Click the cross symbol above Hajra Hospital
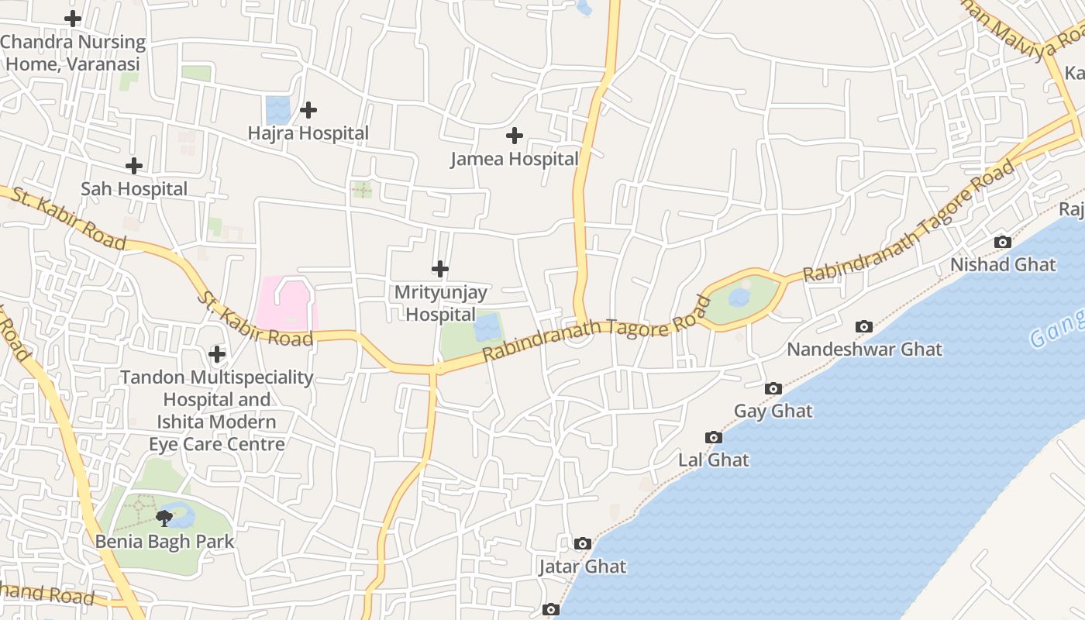click(308, 110)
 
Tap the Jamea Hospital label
click(515, 159)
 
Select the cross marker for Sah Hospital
click(134, 166)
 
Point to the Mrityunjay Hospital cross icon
click(440, 269)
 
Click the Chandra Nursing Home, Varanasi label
click(73, 53)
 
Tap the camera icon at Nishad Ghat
click(1002, 242)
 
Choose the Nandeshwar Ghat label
click(864, 350)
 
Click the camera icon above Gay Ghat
click(773, 388)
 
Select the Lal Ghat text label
click(714, 460)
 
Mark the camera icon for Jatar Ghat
click(583, 544)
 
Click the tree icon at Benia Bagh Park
click(164, 518)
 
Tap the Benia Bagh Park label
click(164, 541)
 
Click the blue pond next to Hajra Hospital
click(276, 109)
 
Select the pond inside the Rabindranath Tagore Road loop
click(739, 298)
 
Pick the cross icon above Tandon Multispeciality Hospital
click(217, 354)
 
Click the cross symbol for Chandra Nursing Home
click(73, 18)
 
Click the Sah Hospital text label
click(134, 189)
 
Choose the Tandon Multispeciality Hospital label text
click(217, 411)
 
